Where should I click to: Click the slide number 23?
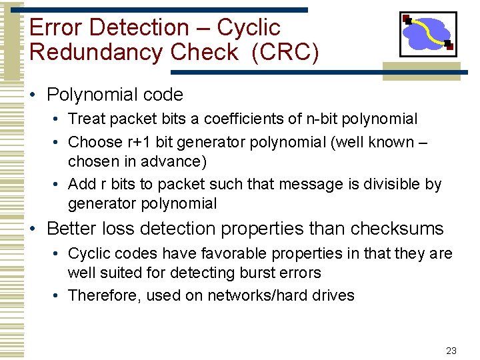coord(451,351)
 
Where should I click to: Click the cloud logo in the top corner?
coord(427,33)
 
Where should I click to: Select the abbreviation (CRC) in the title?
coord(285,52)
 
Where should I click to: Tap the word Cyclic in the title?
coord(249,28)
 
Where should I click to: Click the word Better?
coord(71,229)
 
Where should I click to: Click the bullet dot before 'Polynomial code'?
coord(34,95)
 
